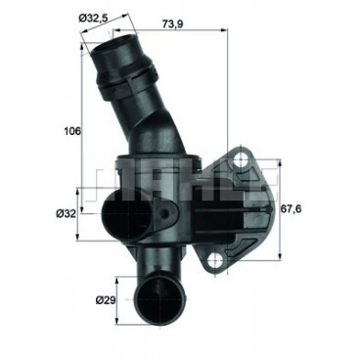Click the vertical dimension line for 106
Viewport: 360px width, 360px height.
pyautogui.click(x=82, y=127)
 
